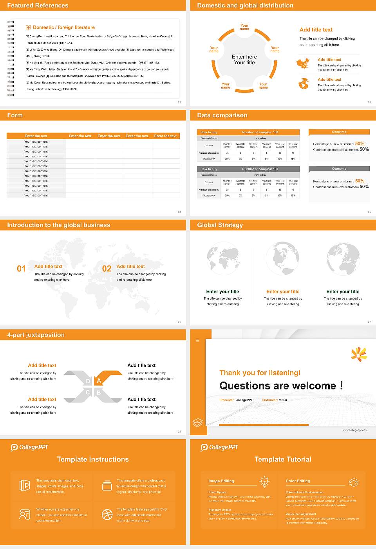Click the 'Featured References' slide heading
pyautogui.click(x=38, y=5)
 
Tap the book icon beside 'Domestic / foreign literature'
pyautogui.click(x=28, y=27)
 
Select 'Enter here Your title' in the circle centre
pyautogui.click(x=244, y=60)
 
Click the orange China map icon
pyautogui.click(x=303, y=63)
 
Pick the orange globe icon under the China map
pyautogui.click(x=304, y=84)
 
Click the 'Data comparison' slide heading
pyautogui.click(x=222, y=115)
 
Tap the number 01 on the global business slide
pyautogui.click(x=21, y=269)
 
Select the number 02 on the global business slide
pyautogui.click(x=107, y=269)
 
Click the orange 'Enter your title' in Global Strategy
pyautogui.click(x=283, y=292)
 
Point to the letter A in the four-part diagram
pyautogui.click(x=99, y=381)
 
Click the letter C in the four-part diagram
pyautogui.click(x=88, y=393)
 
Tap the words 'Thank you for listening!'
pyautogui.click(x=260, y=373)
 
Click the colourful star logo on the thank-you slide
pyautogui.click(x=359, y=354)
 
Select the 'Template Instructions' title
pyautogui.click(x=93, y=459)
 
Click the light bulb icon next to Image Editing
pyautogui.click(x=264, y=482)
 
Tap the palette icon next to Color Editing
pyautogui.click(x=353, y=482)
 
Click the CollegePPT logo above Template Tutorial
pyautogui.click(x=219, y=447)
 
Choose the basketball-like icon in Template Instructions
pyautogui.click(x=107, y=514)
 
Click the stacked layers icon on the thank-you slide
pyautogui.click(x=198, y=422)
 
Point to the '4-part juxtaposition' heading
pyautogui.click(x=36, y=335)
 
